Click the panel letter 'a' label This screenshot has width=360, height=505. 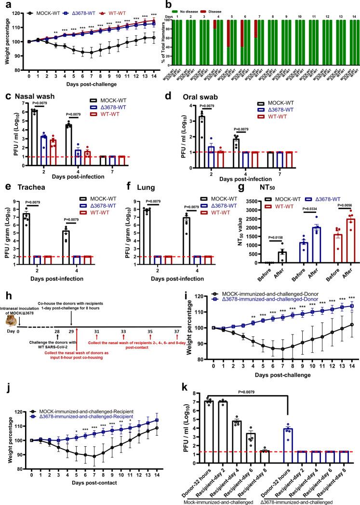(4, 4)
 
